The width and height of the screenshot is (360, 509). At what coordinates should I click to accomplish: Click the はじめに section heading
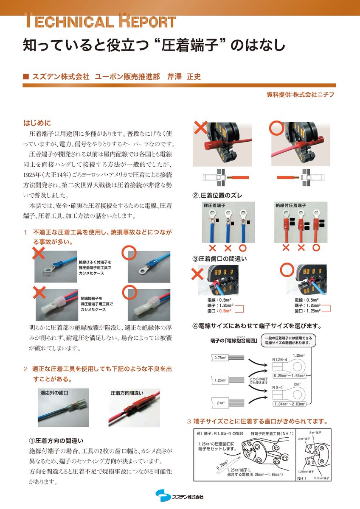(x=37, y=123)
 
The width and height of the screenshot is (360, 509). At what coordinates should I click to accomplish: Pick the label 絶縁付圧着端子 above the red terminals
(x=290, y=206)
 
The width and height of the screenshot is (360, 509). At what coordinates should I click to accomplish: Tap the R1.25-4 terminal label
(x=280, y=359)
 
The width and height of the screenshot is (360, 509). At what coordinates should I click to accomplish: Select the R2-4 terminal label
(x=278, y=387)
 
